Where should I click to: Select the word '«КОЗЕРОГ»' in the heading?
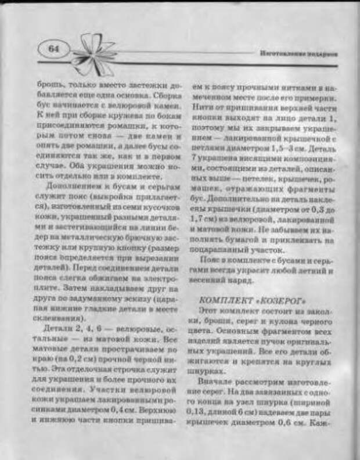click(267, 301)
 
